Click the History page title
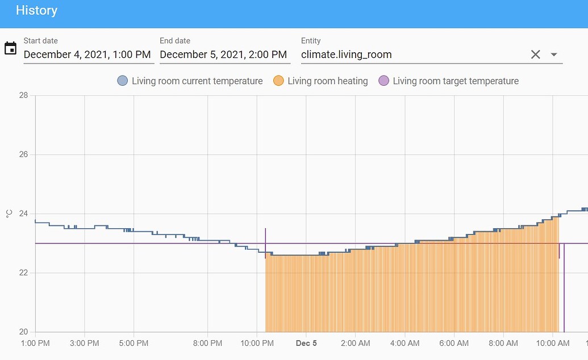(36, 10)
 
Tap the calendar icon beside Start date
(10, 48)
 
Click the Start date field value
(87, 55)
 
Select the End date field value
(223, 55)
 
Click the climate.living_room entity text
(346, 55)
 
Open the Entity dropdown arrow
(554, 55)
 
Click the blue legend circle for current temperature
(122, 81)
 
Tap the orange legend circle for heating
(278, 81)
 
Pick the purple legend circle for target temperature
(383, 81)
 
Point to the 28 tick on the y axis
(23, 95)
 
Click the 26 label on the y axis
(23, 154)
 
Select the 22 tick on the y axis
(23, 273)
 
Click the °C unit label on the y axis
(9, 214)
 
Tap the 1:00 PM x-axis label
(35, 343)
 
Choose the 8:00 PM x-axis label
(207, 343)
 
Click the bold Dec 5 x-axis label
(306, 343)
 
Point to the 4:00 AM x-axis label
(405, 343)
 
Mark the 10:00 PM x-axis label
(257, 343)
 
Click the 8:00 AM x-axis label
(503, 343)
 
